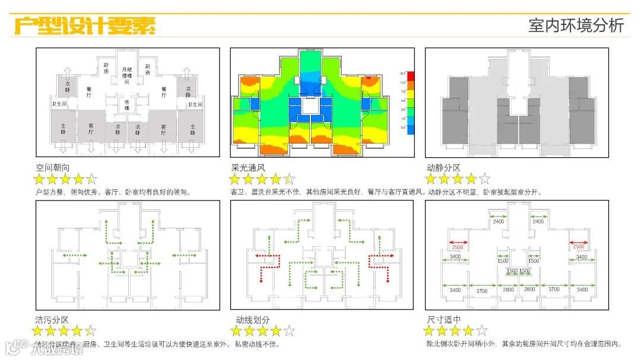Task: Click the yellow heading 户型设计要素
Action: (84, 26)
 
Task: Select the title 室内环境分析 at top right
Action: (576, 26)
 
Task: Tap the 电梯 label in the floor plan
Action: (126, 104)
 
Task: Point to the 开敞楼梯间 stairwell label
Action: (126, 76)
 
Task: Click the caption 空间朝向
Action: (53, 168)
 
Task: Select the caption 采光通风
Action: (248, 168)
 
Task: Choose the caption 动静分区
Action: (443, 168)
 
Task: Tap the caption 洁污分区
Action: (52, 320)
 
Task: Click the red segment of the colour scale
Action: (411, 76)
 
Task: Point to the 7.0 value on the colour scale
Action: (402, 92)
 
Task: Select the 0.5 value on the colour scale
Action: (402, 128)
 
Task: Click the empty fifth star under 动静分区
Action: (484, 179)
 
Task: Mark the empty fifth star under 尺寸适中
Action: (481, 330)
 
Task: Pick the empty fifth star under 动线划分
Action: (289, 331)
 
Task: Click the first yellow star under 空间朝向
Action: (39, 179)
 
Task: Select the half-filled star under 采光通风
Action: (289, 179)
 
